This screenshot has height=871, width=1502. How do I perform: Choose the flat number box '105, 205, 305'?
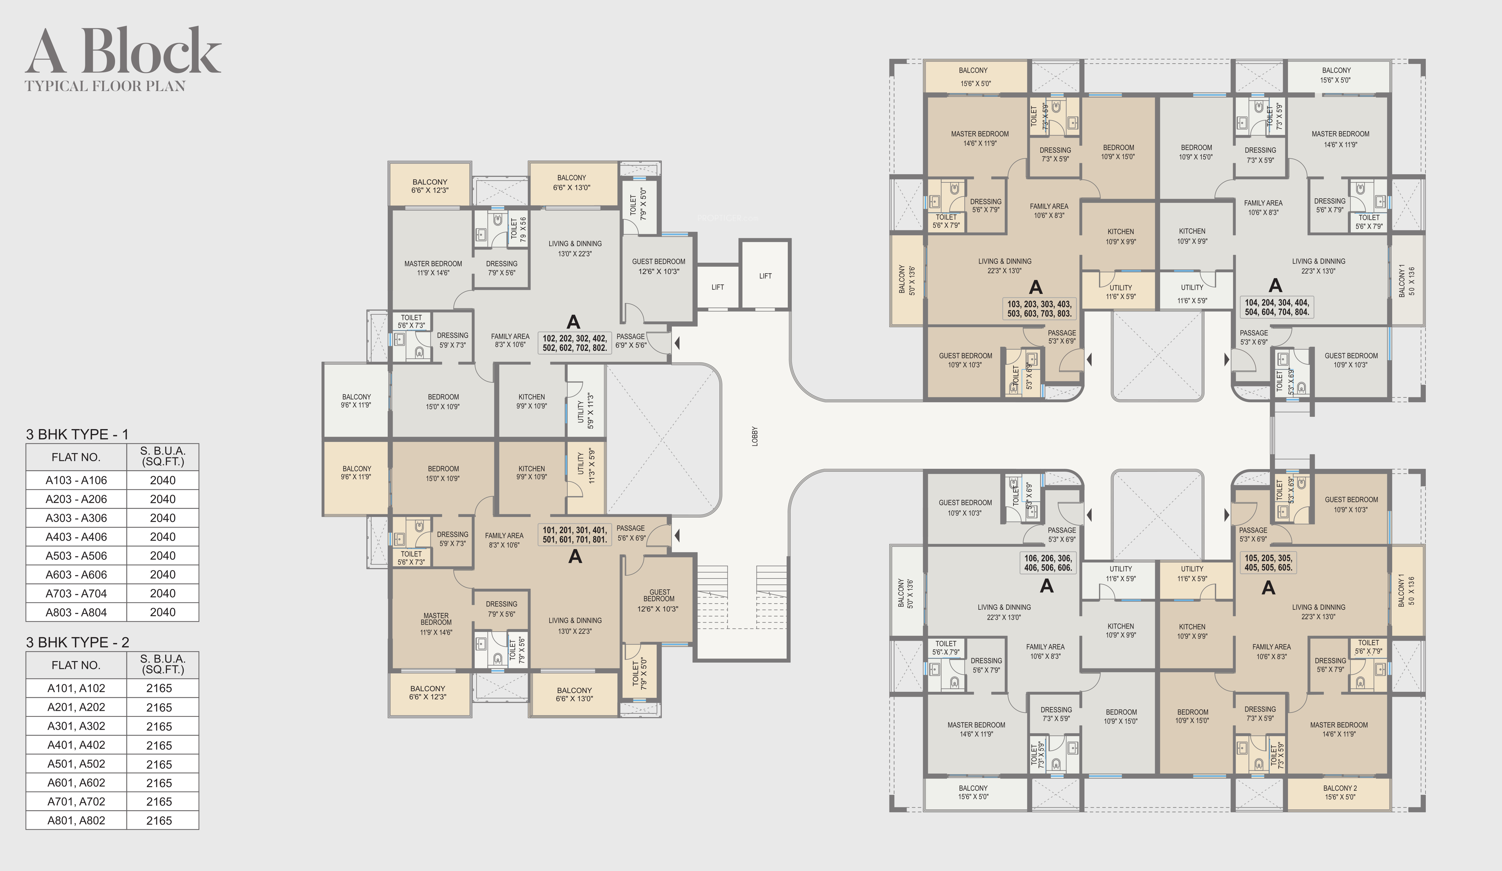[1268, 562]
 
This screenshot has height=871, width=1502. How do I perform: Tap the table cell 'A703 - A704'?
[76, 593]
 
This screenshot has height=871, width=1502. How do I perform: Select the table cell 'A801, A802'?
[76, 821]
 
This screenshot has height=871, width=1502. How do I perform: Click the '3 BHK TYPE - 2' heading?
[77, 642]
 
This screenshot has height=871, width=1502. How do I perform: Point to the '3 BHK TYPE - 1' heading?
[77, 434]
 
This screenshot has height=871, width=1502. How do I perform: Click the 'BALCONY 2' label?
[1340, 788]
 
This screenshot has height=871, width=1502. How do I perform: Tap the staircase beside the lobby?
[742, 596]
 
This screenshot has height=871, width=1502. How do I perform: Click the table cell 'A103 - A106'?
[76, 480]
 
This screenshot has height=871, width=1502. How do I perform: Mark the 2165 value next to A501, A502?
[159, 764]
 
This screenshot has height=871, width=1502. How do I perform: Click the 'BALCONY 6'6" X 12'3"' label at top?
[430, 186]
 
